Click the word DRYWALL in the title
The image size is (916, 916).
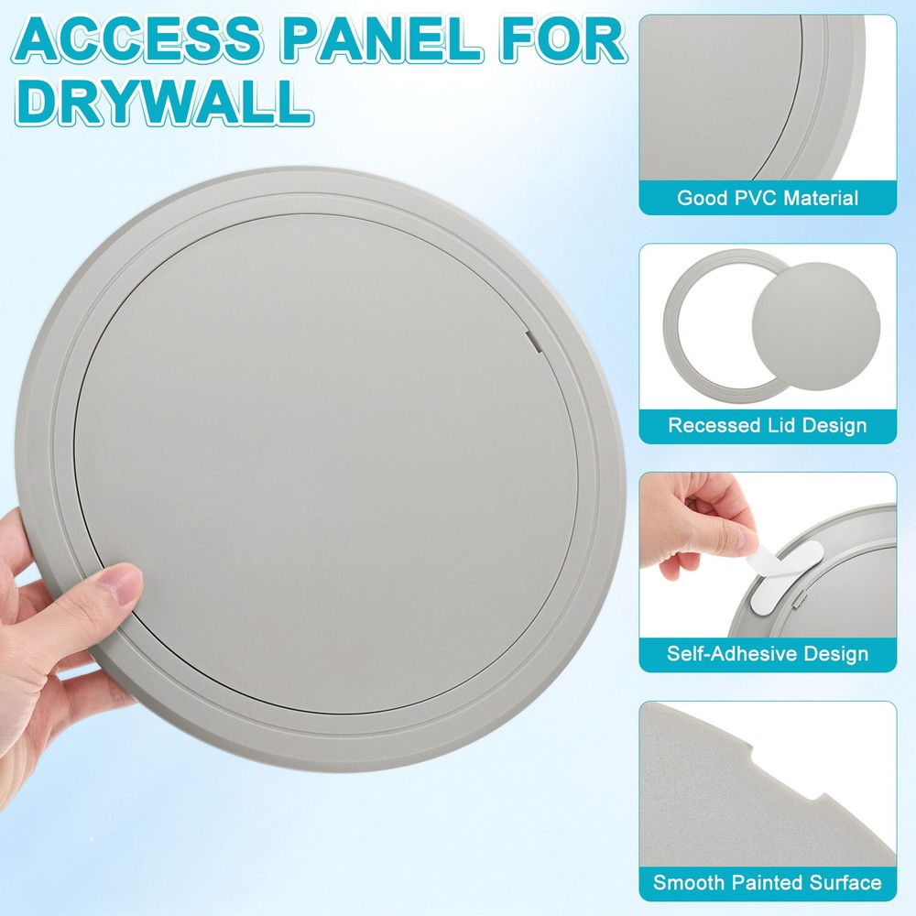pos(165,103)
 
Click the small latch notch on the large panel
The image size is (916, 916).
pos(532,343)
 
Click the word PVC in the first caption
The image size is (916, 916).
pos(743,198)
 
